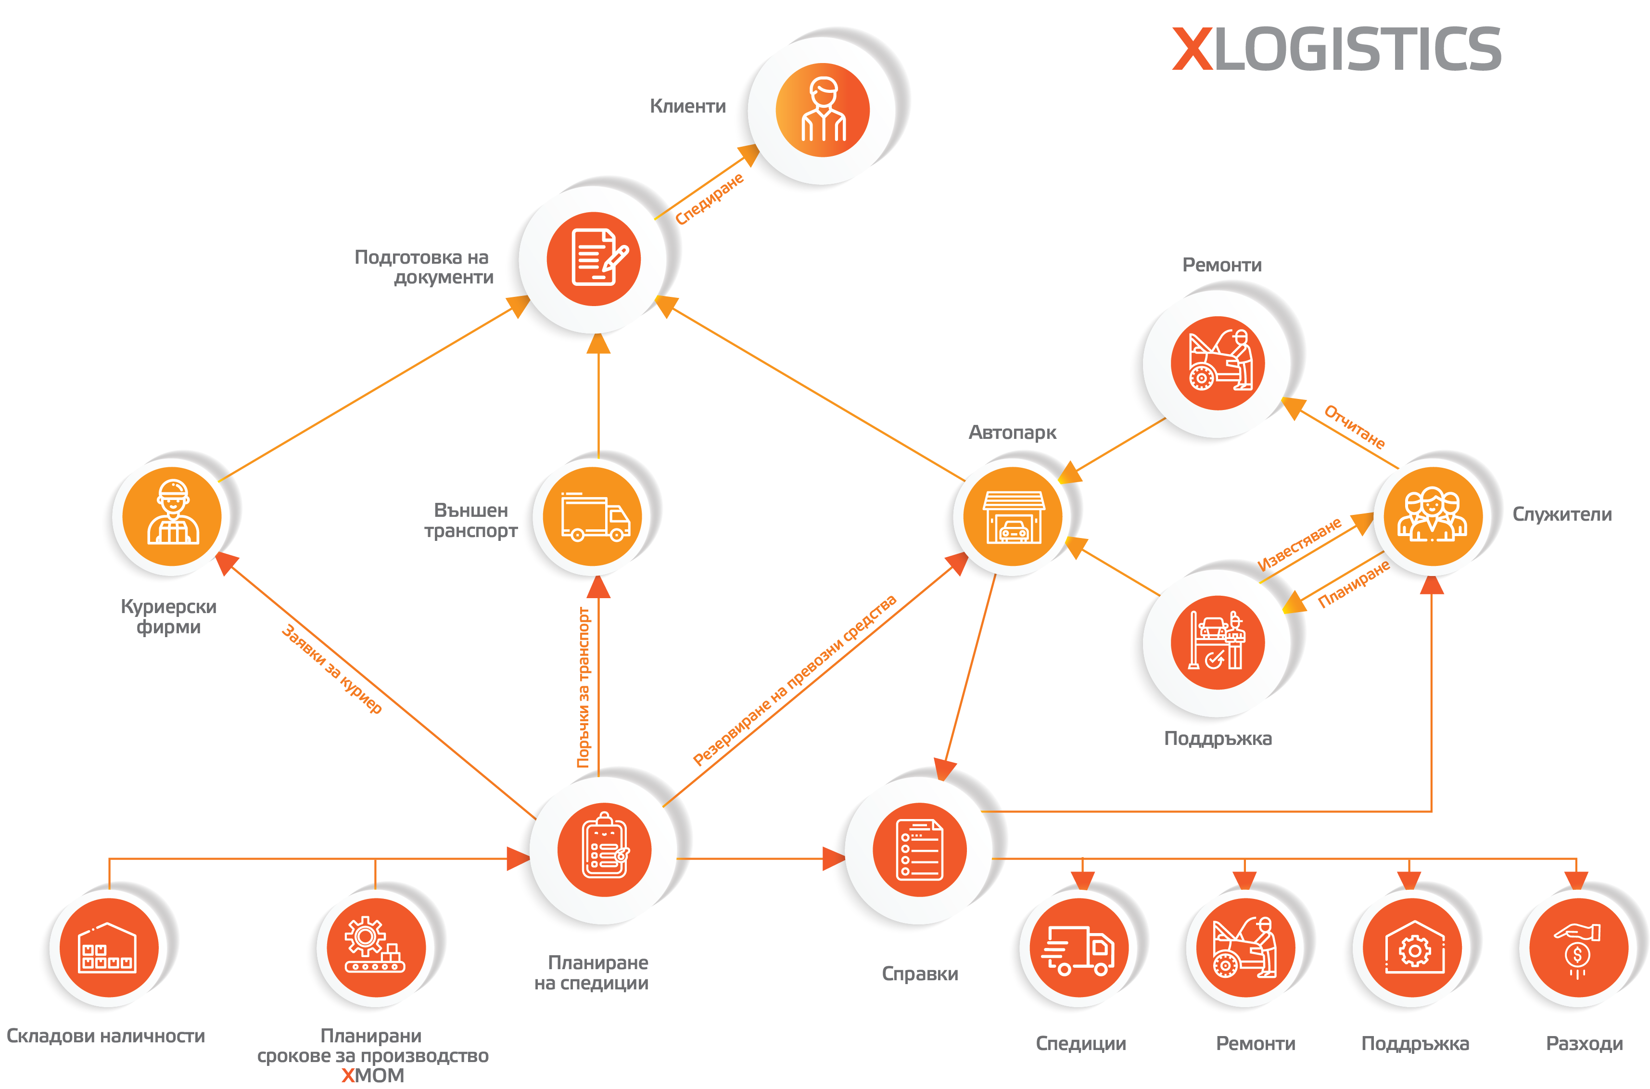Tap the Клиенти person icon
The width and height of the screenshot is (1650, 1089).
point(823,110)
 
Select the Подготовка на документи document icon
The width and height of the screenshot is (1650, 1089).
point(594,258)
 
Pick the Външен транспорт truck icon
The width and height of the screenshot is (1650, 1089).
point(594,516)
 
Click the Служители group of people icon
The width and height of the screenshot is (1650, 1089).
point(1433,516)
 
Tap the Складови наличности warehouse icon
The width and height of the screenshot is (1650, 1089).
point(108,948)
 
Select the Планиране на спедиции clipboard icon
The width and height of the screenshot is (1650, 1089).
point(604,849)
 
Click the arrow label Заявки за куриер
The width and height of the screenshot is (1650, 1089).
point(332,668)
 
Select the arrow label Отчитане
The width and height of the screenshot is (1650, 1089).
point(1354,426)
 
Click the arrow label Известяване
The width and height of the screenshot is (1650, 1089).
point(1299,543)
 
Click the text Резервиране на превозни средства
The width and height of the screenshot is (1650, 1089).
point(795,679)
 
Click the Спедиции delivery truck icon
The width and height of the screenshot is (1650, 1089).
point(1078,948)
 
